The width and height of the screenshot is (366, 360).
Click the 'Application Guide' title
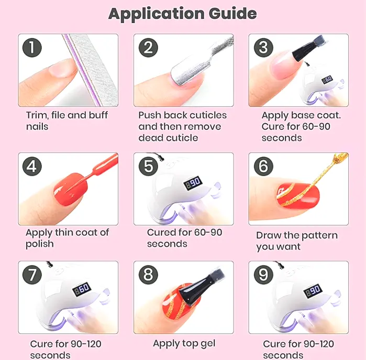[183, 14]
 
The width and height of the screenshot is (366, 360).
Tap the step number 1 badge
[32, 48]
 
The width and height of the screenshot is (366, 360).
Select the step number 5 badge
[148, 166]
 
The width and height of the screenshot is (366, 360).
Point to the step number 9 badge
[263, 275]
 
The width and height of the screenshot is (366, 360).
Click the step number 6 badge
[263, 166]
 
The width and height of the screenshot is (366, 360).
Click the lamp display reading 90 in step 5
[193, 183]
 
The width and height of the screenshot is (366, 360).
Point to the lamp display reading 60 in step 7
[82, 290]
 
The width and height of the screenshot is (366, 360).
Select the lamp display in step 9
[313, 291]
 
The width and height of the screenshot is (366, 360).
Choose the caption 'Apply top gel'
[184, 344]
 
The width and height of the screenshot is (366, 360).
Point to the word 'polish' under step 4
[40, 244]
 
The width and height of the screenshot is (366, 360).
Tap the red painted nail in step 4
[71, 189]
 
